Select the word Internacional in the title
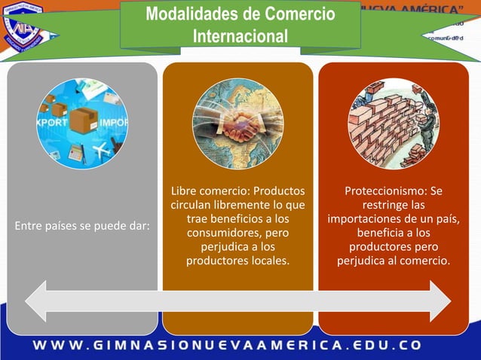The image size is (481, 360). tap(240, 36)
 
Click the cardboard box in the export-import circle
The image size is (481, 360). tap(83, 121)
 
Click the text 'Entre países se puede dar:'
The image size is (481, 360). tap(81, 225)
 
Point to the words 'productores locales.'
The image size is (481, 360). tap(237, 261)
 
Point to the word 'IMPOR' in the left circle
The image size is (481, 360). tap(114, 122)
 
